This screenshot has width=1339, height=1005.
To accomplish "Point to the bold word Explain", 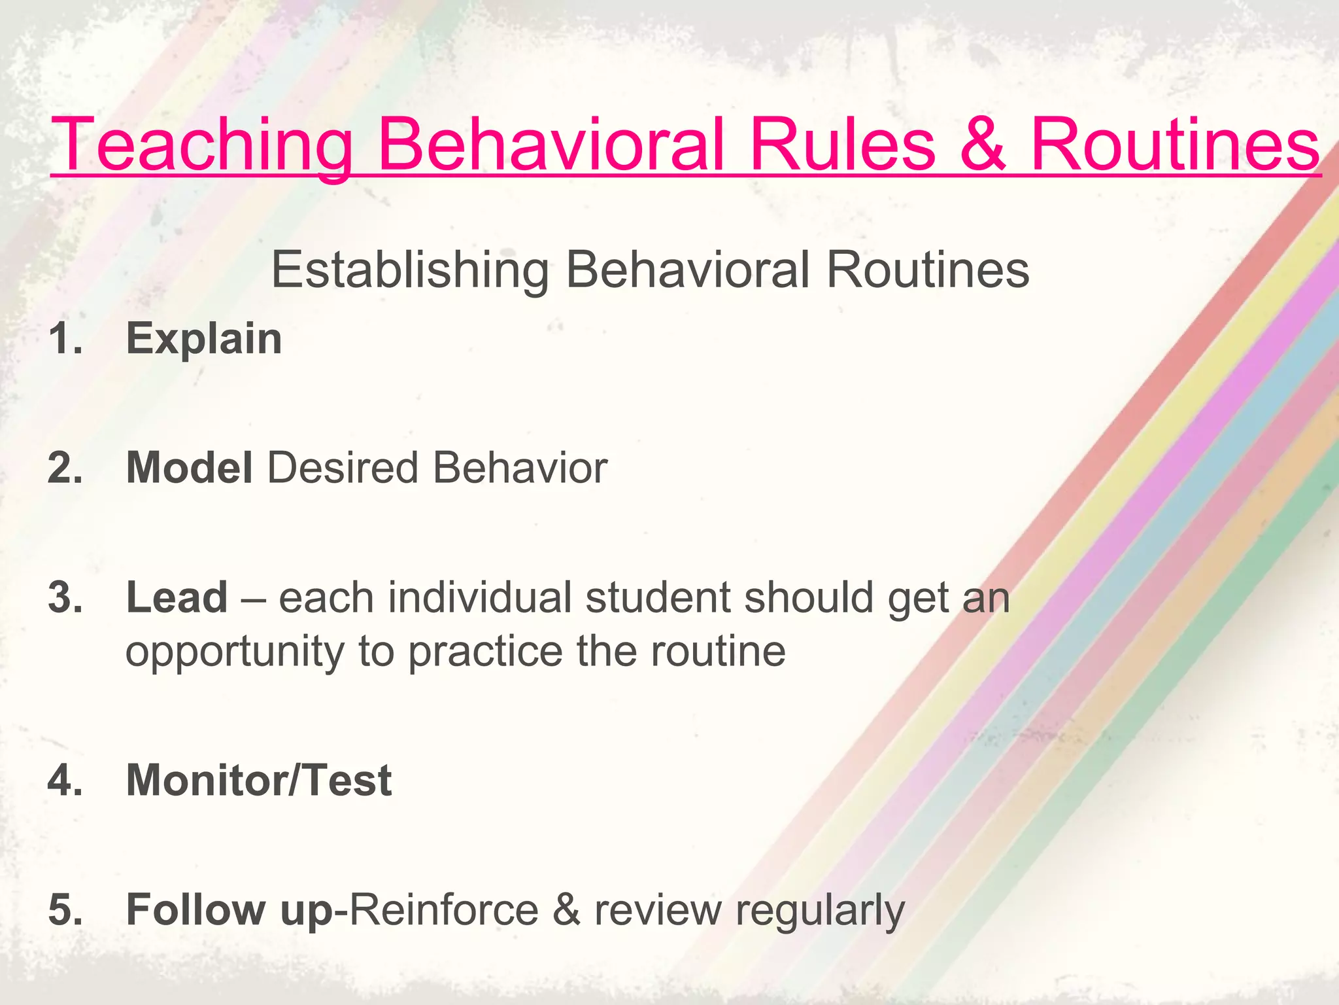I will click(x=204, y=339).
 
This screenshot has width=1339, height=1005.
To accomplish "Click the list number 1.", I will click(x=65, y=339).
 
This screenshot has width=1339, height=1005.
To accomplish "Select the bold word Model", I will click(x=190, y=468).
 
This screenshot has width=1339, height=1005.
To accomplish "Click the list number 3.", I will click(x=65, y=597).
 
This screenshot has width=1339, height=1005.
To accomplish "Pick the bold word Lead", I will click(x=177, y=597).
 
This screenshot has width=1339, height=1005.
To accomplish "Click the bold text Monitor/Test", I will click(x=259, y=780).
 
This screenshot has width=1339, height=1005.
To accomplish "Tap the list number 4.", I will click(x=65, y=780).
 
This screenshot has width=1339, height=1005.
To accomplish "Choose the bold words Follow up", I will click(x=229, y=909).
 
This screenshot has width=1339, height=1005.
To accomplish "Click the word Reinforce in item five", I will click(x=445, y=909).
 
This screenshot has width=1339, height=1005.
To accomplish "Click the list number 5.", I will click(x=65, y=909).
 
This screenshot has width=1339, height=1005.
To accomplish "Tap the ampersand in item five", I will click(x=566, y=909).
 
